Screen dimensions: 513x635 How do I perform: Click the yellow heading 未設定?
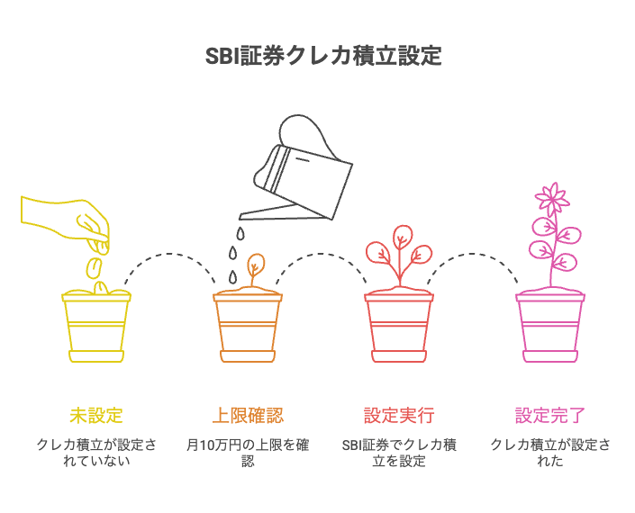point(96,415)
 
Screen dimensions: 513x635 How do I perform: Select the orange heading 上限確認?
point(248,415)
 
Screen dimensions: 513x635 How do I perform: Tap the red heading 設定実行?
point(399,415)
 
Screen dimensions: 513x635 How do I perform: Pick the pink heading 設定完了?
point(550,415)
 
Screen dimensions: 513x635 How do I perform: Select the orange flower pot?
point(248,326)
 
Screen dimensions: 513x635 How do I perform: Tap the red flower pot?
point(399,326)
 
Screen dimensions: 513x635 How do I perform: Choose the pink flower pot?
point(550,326)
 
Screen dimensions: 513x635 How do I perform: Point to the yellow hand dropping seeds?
point(63,216)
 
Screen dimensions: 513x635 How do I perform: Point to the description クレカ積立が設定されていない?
point(96,453)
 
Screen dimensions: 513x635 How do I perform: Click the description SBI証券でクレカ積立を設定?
point(399,453)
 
